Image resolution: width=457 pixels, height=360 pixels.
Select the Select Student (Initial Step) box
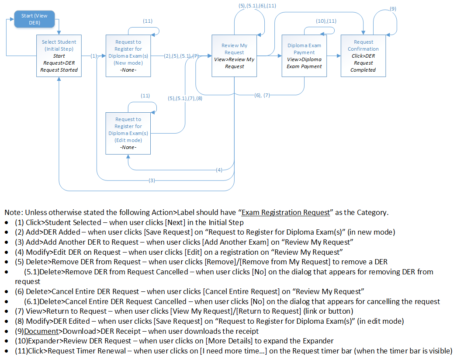(x=59, y=55)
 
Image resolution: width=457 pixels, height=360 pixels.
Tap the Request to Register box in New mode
(x=128, y=56)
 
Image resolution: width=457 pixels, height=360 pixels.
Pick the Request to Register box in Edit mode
(x=128, y=133)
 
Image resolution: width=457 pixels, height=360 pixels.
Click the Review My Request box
(x=235, y=55)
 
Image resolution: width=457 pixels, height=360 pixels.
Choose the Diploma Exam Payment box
(x=304, y=55)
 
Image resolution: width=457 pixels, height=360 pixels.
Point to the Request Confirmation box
(x=363, y=55)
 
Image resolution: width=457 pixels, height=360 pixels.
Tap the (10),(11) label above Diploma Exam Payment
(x=326, y=21)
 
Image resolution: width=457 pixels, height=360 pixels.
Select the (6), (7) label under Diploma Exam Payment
(x=262, y=95)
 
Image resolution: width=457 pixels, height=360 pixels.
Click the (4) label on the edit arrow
(x=219, y=170)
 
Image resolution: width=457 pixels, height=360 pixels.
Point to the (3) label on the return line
(x=152, y=180)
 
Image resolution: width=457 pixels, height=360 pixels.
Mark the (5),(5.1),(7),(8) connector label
(x=185, y=98)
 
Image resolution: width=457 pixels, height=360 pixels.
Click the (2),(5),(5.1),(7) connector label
(x=181, y=56)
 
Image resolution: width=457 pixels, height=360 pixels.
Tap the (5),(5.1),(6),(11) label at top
(x=257, y=5)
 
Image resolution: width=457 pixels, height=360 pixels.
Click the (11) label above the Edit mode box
(x=145, y=95)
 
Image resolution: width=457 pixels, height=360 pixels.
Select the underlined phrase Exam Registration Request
(x=286, y=213)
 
